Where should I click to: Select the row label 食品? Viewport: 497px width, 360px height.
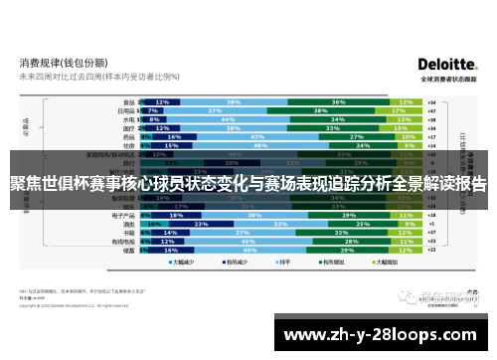[x=128, y=102]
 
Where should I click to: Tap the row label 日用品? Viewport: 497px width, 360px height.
[x=126, y=110]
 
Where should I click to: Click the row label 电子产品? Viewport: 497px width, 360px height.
[x=123, y=215]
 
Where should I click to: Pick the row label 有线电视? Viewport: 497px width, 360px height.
[x=123, y=242]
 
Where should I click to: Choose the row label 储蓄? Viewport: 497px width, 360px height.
[x=128, y=251]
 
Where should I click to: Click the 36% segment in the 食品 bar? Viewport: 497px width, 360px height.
[x=338, y=102]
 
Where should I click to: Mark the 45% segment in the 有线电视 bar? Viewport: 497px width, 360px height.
[x=246, y=242]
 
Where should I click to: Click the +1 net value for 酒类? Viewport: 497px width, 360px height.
[x=429, y=224]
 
